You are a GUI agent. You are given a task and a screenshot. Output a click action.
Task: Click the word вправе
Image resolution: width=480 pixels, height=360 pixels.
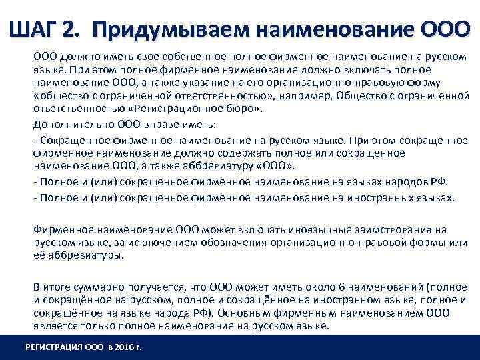click(157, 124)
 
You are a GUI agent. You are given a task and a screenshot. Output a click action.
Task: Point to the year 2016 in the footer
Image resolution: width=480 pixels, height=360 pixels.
click(123, 347)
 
